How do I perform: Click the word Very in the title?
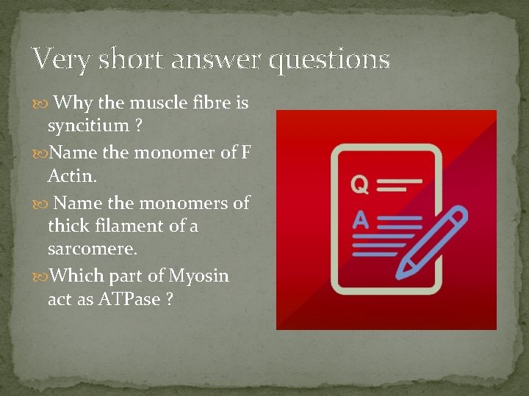61,59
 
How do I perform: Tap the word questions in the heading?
329,60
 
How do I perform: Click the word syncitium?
88,126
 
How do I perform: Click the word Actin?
72,176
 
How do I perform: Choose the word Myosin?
199,276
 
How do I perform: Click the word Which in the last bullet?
75,276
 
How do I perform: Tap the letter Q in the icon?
359,184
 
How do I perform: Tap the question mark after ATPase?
170,301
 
